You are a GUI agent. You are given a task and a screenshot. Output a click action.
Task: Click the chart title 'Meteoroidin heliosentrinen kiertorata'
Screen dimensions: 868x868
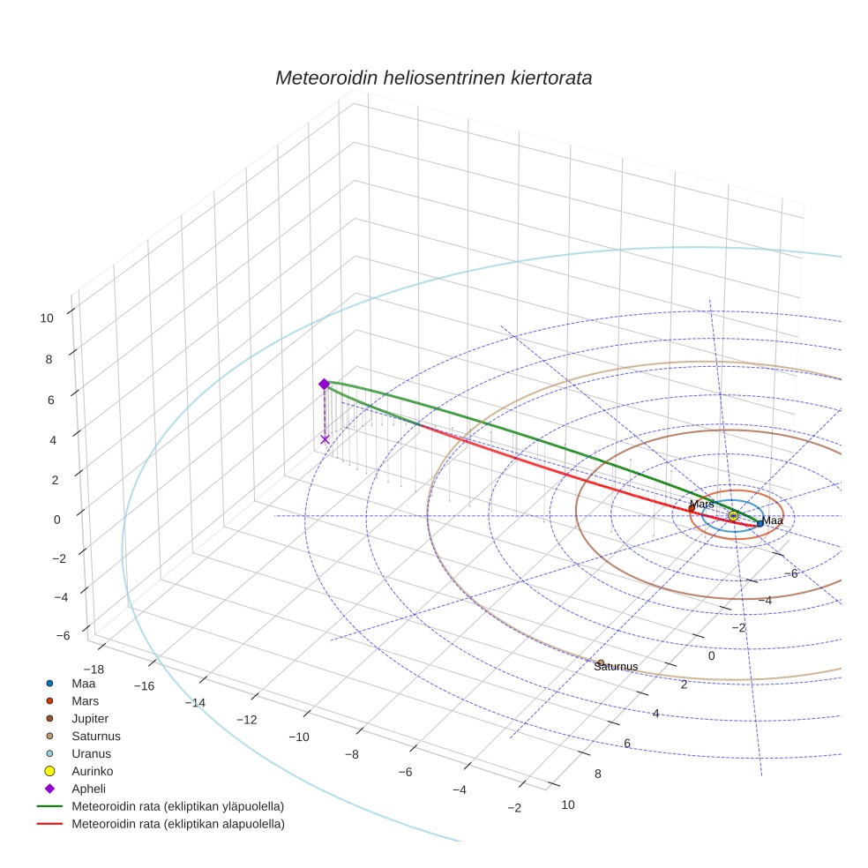click(x=433, y=78)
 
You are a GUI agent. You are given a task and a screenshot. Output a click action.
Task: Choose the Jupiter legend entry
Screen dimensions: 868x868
click(x=90, y=719)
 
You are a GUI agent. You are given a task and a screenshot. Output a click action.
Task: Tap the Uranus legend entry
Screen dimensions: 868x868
click(x=91, y=754)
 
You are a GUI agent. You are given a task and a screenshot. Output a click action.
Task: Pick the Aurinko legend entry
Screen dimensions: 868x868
click(x=92, y=771)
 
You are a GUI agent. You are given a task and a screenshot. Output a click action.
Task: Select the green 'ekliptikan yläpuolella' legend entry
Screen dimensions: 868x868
click(x=177, y=806)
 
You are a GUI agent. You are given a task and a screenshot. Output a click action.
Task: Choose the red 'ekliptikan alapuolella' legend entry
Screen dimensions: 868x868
click(x=177, y=824)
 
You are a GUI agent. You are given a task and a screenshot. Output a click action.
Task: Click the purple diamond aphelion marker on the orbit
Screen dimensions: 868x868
click(x=324, y=384)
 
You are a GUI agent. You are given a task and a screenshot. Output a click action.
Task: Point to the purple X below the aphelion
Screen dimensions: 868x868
click(x=325, y=439)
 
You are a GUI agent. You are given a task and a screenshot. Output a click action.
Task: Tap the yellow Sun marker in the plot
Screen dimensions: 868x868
click(x=733, y=515)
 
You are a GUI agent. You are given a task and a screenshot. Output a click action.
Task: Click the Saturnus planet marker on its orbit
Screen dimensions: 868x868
click(x=601, y=662)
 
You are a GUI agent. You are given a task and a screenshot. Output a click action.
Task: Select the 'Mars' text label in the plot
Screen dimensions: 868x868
click(x=701, y=505)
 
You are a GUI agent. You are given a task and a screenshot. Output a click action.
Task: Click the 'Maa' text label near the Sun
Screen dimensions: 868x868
click(x=773, y=521)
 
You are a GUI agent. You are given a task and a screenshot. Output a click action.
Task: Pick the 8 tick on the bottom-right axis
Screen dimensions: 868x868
click(x=597, y=774)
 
